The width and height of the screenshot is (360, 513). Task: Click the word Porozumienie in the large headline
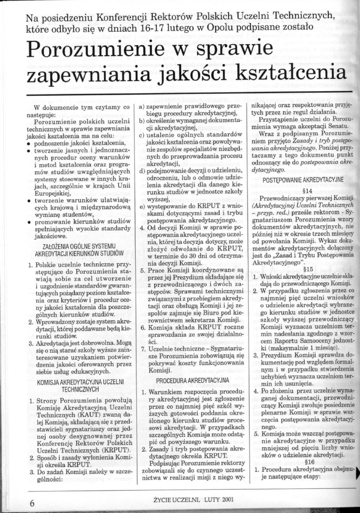click(105, 50)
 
